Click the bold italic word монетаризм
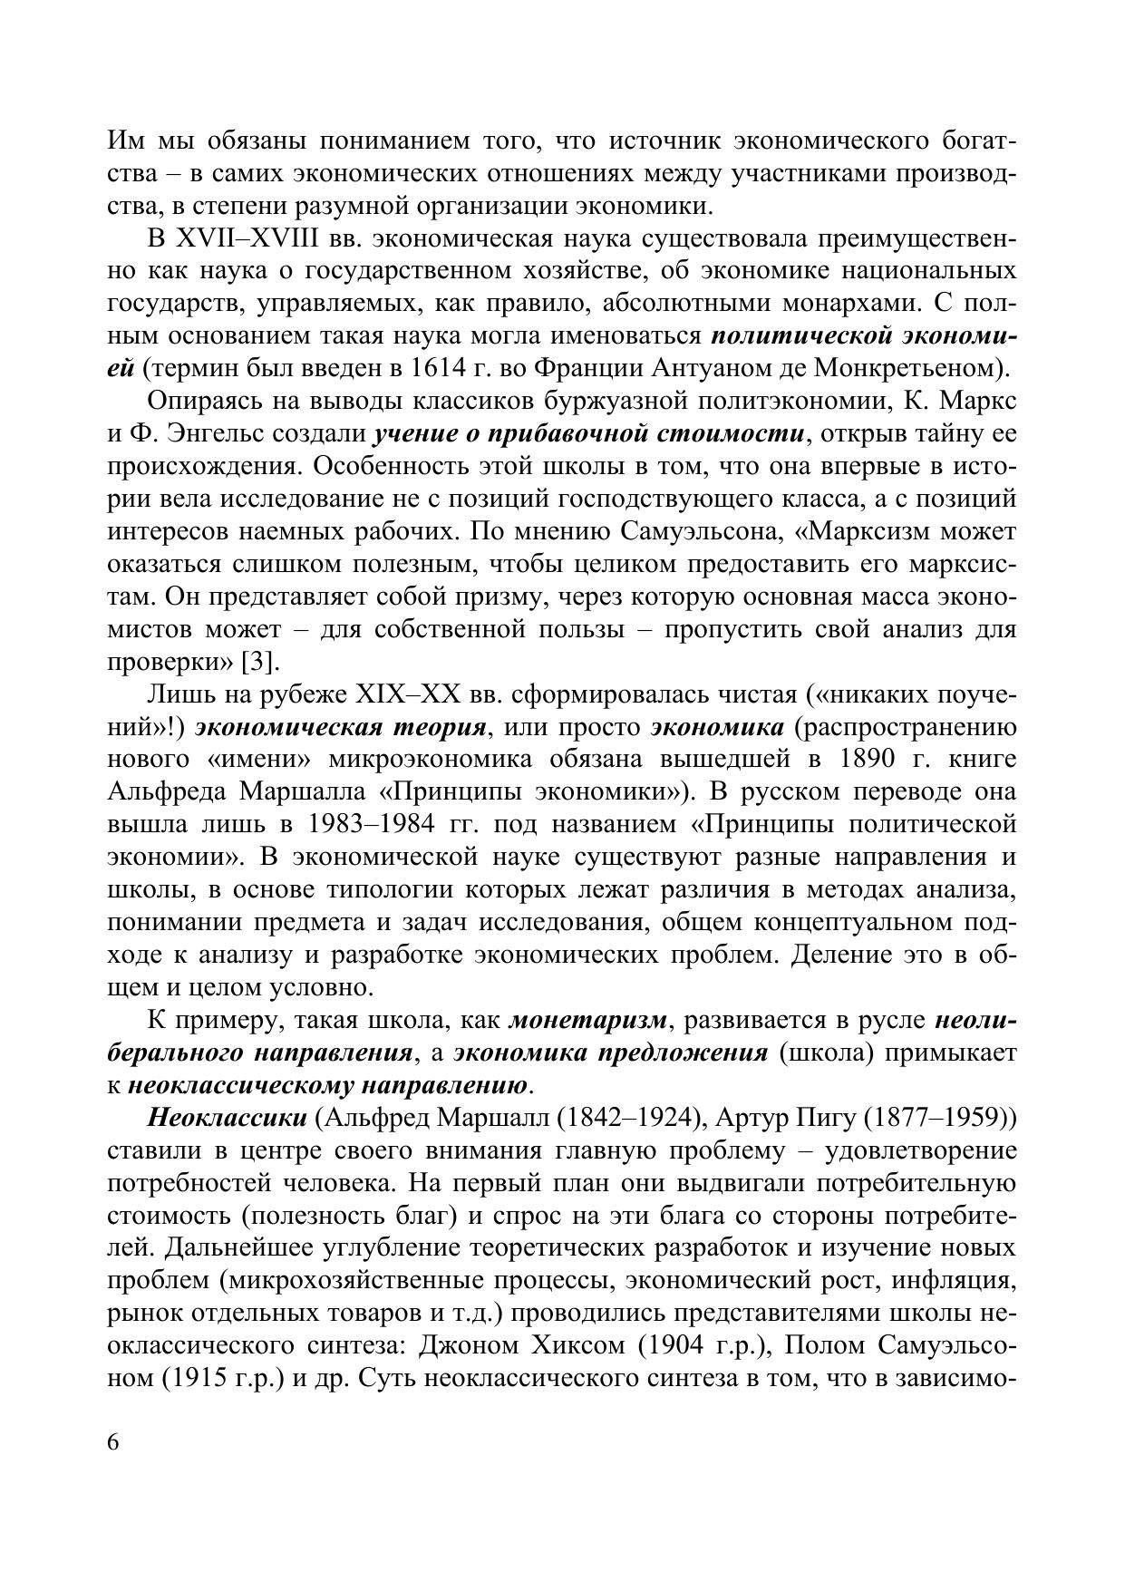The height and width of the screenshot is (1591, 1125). coord(588,1020)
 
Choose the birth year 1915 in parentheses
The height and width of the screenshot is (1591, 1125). coord(193,1378)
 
